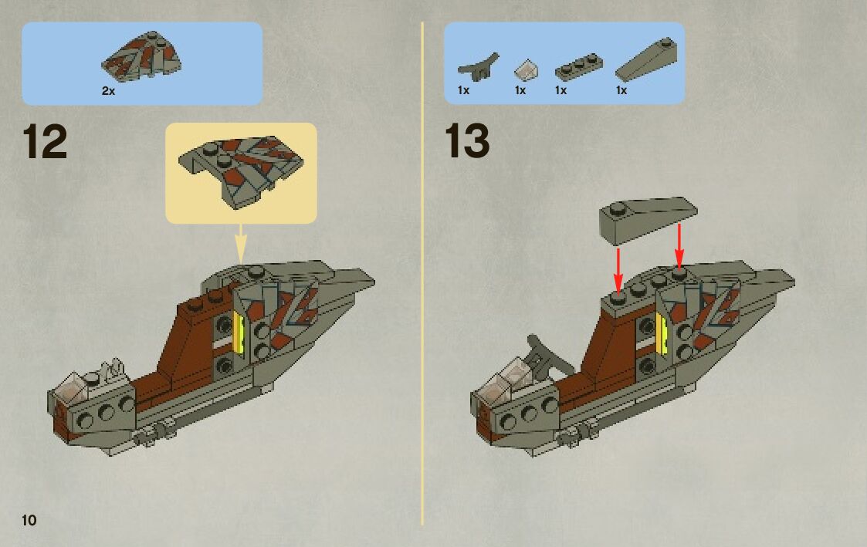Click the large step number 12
pyautogui.click(x=45, y=143)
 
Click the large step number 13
pyautogui.click(x=467, y=143)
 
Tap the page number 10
pyautogui.click(x=29, y=519)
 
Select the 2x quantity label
pyautogui.click(x=108, y=90)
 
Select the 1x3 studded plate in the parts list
pyautogui.click(x=577, y=67)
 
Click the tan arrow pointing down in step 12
pyautogui.click(x=240, y=243)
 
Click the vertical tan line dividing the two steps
pyautogui.click(x=423, y=270)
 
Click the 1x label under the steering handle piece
pyautogui.click(x=464, y=90)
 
